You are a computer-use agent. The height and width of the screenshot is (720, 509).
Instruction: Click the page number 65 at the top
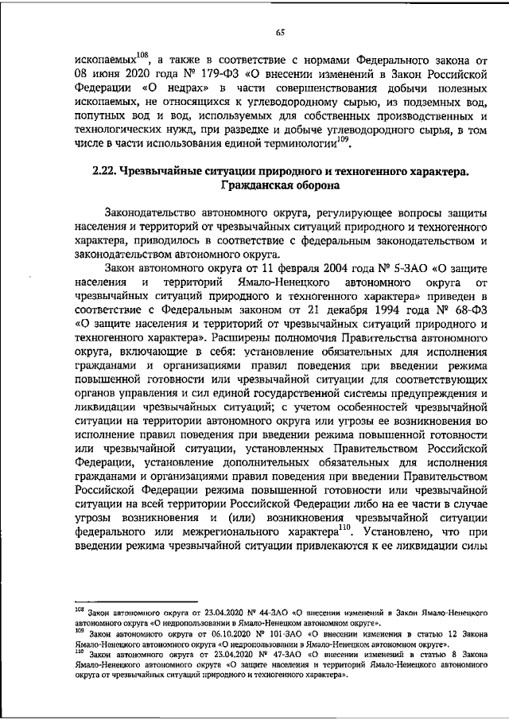280,33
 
